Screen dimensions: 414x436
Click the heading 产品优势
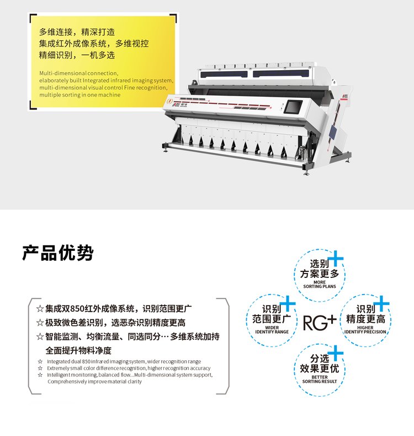(58, 253)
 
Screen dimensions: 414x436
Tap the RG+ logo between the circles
(320, 323)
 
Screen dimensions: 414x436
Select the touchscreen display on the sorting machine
(293, 107)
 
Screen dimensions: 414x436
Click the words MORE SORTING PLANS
(320, 284)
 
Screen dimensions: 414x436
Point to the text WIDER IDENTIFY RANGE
(272, 330)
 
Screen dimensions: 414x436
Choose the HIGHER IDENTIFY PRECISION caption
(365, 330)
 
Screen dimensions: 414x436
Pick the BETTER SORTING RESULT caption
(320, 379)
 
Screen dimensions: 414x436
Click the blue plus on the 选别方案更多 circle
(336, 258)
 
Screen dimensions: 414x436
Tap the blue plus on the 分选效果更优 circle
(336, 353)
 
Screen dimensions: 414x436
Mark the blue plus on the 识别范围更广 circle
(288, 303)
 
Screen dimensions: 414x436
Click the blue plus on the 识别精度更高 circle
(381, 303)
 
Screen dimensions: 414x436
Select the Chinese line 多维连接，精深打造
(77, 32)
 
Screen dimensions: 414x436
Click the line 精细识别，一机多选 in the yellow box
(77, 55)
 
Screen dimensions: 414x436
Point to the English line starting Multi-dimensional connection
(78, 73)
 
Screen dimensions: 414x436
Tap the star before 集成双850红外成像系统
(40, 309)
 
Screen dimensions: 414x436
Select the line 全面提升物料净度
(78, 350)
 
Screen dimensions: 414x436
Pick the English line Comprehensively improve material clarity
(94, 381)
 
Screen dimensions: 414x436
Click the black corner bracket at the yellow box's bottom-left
(33, 104)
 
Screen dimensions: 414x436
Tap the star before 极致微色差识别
(40, 323)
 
